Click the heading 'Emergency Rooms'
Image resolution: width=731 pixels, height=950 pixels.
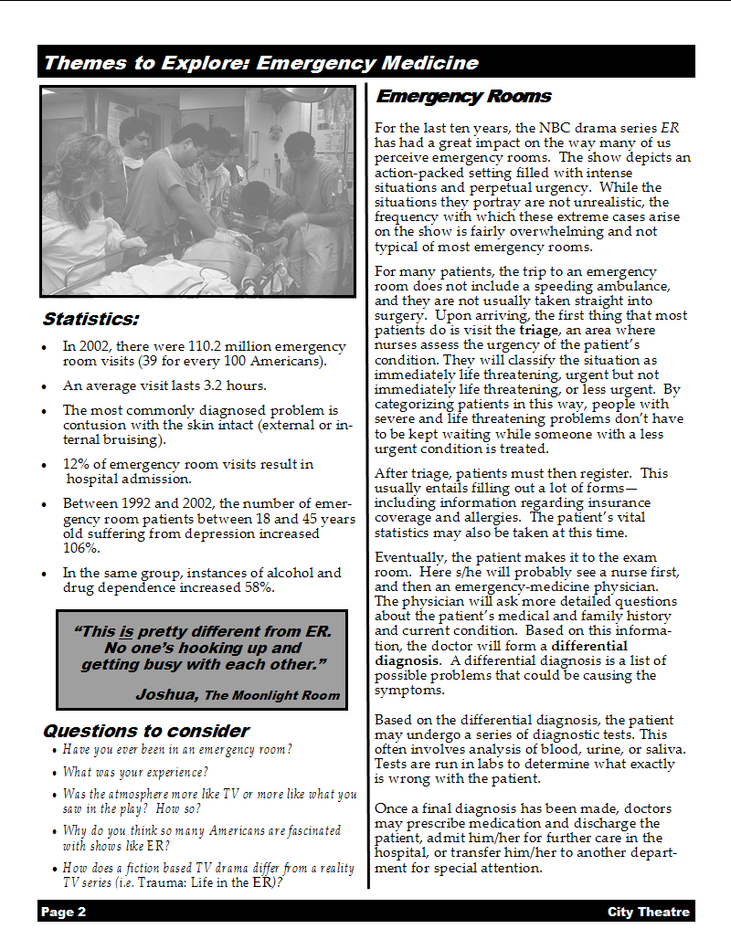[463, 96]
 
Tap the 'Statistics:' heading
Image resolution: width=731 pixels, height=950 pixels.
[90, 320]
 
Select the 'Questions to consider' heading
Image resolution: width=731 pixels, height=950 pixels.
[145, 731]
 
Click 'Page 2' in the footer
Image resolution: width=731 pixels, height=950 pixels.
[63, 912]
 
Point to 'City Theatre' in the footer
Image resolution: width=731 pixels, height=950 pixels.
[648, 912]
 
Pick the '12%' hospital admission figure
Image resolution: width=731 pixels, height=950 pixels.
[77, 464]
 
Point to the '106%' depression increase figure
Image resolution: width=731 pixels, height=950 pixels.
[81, 548]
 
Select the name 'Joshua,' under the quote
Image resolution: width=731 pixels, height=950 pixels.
[166, 694]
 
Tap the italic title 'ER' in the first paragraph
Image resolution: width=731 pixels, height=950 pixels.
[669, 128]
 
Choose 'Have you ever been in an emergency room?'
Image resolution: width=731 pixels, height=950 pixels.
[177, 750]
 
